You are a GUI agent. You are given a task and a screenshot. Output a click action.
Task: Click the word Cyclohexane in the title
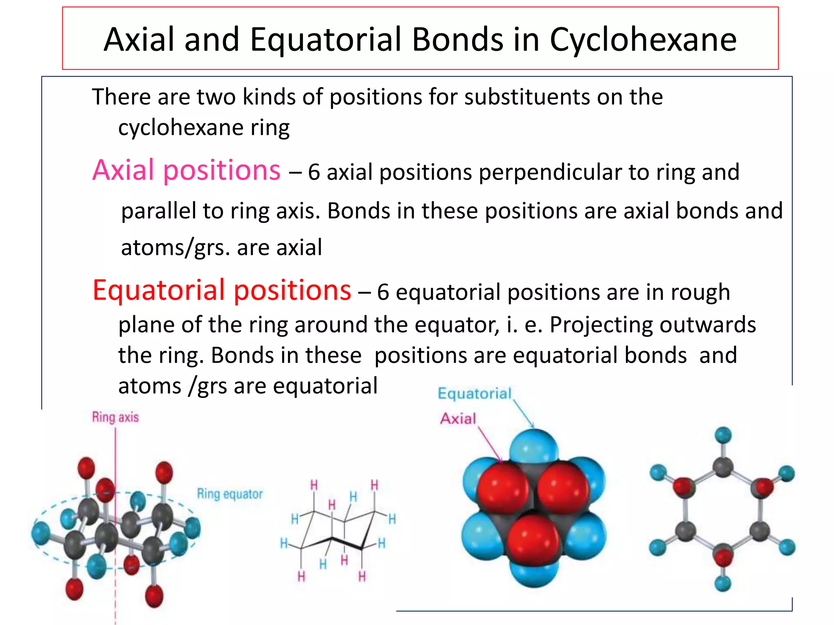(643, 39)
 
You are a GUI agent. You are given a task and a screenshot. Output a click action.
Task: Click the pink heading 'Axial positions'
(187, 170)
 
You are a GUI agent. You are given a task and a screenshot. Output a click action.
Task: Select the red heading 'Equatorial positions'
(222, 290)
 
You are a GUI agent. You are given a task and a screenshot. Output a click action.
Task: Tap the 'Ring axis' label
(115, 417)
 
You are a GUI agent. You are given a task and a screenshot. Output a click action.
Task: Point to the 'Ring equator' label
(230, 494)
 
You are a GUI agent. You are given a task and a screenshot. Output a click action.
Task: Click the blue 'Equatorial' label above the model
(474, 394)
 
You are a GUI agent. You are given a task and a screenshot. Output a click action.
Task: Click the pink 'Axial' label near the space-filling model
(458, 419)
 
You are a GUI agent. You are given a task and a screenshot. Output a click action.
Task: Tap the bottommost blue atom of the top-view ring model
(723, 583)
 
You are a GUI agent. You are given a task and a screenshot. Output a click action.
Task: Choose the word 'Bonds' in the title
(458, 39)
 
